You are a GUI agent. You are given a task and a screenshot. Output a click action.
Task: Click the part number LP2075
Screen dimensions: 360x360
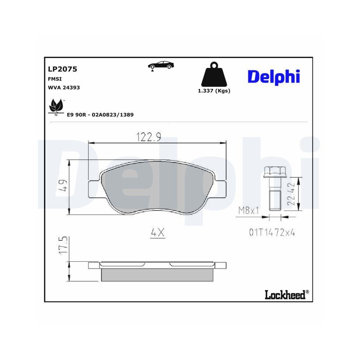62,69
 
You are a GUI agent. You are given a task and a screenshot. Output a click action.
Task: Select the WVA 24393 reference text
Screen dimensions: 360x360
64,87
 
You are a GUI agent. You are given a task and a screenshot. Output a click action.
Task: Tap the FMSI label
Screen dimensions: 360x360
54,78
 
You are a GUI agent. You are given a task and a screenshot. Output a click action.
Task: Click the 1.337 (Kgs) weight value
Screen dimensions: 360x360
214,91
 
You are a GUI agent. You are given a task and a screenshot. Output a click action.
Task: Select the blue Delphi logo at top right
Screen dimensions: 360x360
274,76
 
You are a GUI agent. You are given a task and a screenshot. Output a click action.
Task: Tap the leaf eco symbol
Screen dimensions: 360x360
56,107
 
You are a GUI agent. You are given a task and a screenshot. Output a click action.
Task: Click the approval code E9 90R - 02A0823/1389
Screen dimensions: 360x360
100,114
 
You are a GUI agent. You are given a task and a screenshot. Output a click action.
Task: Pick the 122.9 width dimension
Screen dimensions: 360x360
148,137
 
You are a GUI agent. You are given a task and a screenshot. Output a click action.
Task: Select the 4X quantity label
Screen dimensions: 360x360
157,233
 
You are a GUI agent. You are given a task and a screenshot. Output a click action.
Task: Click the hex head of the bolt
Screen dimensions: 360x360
273,172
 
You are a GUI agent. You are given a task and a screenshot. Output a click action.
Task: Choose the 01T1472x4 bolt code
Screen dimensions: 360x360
272,233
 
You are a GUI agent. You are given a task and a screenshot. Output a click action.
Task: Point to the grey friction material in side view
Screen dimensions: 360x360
157,274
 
